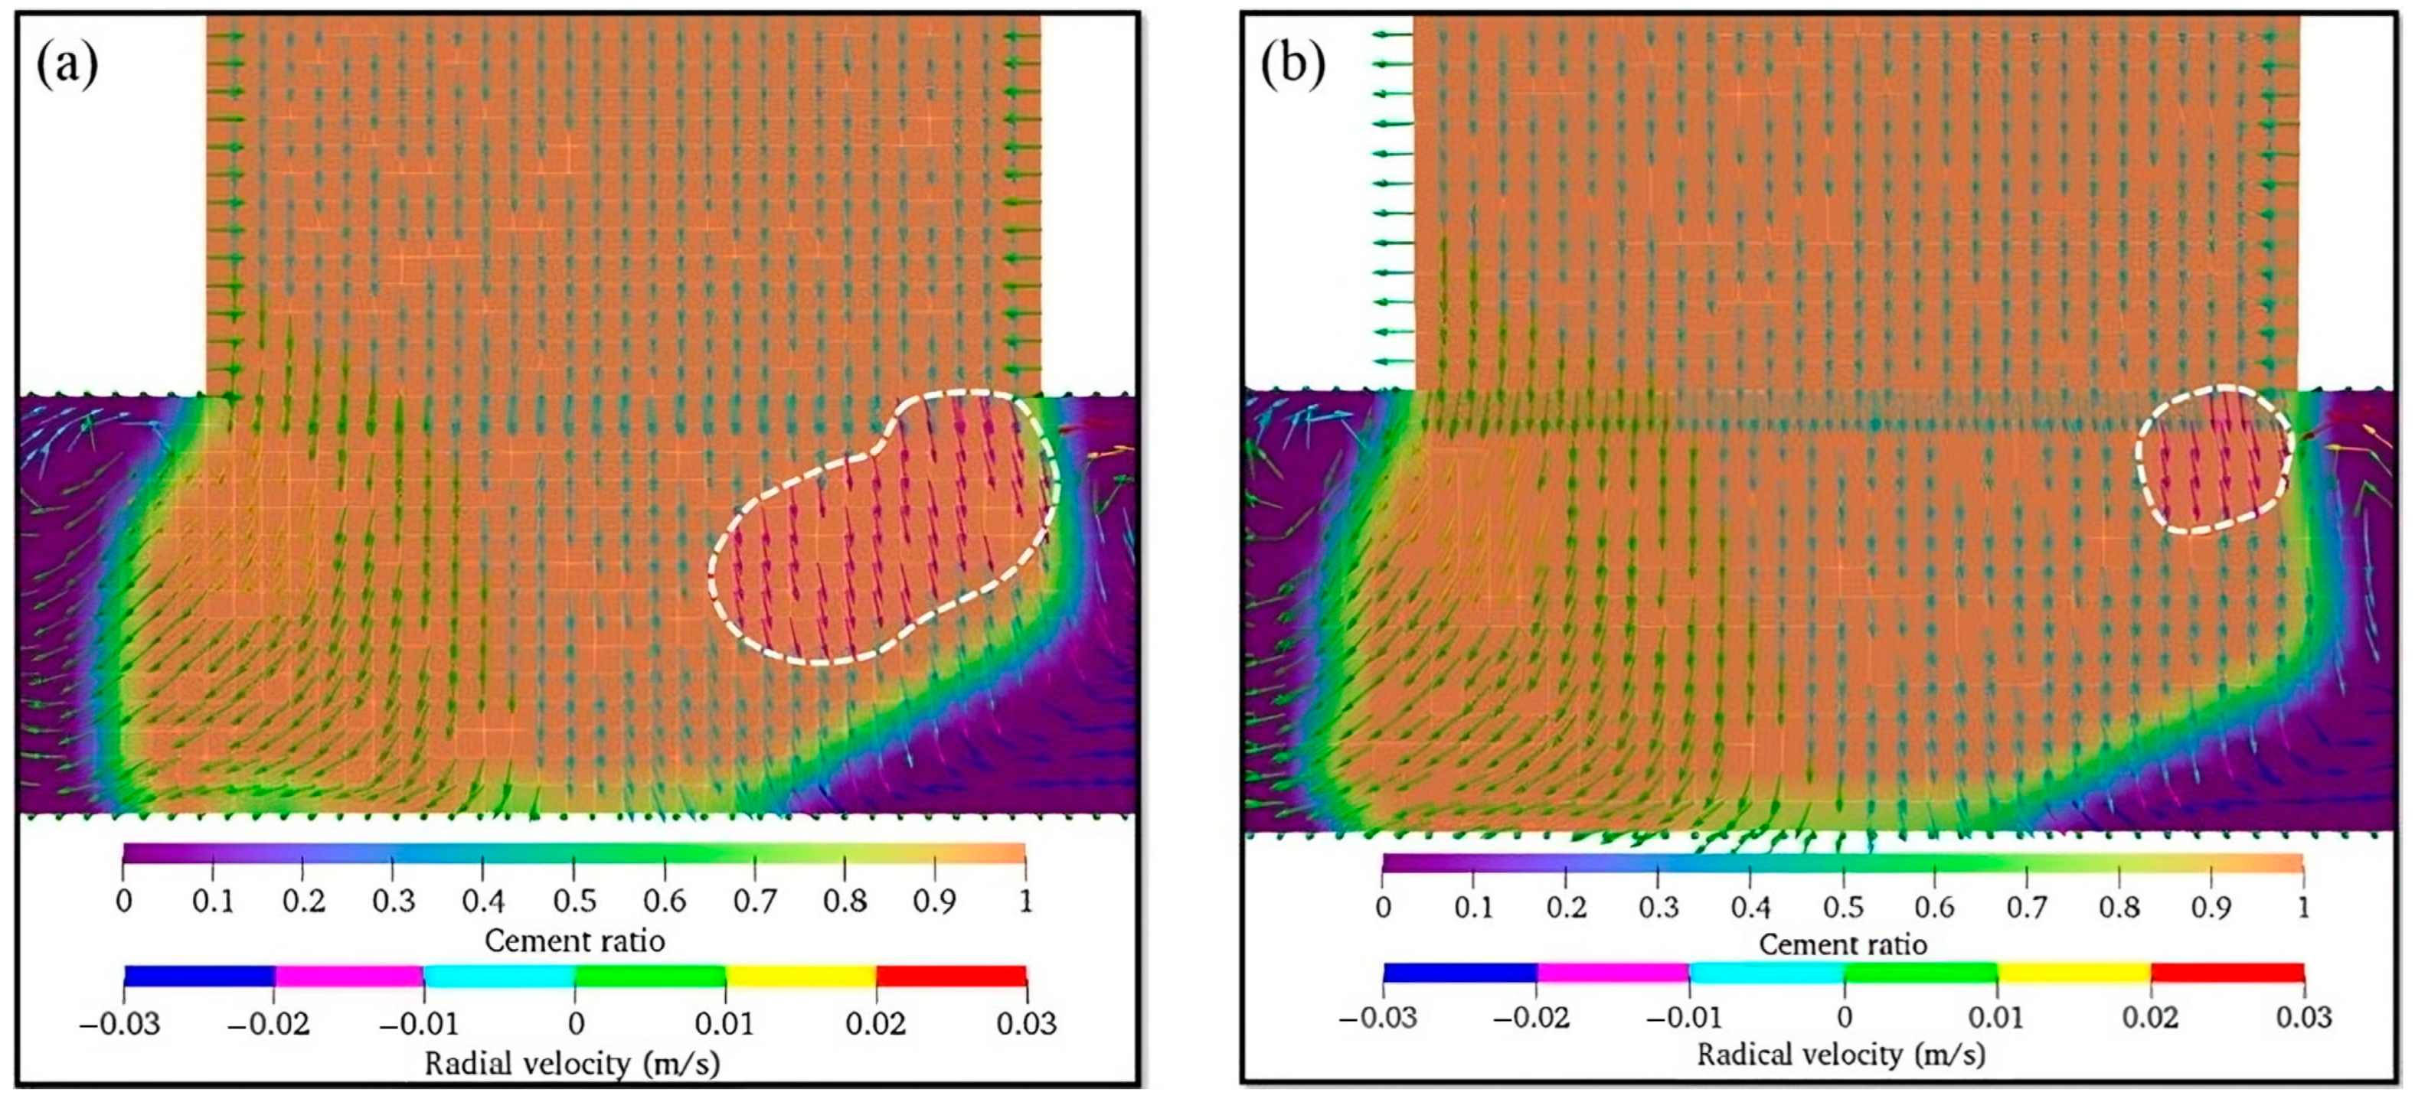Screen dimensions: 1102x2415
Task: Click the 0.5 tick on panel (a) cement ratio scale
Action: click(574, 901)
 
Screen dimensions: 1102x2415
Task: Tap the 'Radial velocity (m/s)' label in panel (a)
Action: click(573, 1064)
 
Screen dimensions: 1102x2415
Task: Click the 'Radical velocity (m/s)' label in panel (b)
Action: click(1841, 1055)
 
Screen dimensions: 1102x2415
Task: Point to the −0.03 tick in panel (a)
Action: click(120, 1023)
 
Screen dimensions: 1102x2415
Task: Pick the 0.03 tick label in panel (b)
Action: click(2302, 1017)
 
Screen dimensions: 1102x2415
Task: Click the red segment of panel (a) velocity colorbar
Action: click(951, 976)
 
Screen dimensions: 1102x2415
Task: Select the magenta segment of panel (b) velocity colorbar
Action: click(1613, 973)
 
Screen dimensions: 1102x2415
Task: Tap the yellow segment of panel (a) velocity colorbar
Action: click(801, 976)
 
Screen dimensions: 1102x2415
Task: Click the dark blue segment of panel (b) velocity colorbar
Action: click(1459, 973)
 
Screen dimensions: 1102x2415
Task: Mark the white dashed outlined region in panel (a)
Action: click(881, 534)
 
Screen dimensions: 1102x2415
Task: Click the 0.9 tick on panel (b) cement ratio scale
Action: click(2210, 907)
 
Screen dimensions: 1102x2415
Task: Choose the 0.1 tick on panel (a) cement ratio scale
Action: click(212, 901)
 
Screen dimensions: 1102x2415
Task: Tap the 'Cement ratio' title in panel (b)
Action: click(1842, 944)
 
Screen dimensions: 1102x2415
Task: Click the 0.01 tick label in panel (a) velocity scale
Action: click(724, 1023)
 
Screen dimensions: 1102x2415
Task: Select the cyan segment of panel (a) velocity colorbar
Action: click(498, 976)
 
